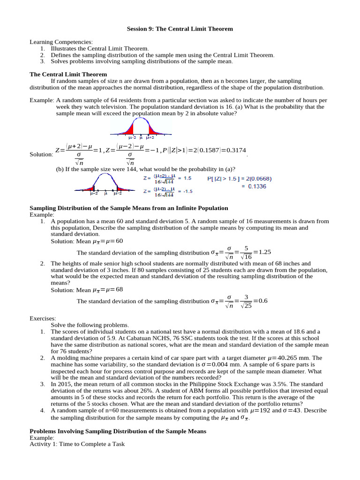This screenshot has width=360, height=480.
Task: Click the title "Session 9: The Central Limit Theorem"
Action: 180,29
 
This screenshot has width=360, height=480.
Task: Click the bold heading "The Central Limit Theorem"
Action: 68,74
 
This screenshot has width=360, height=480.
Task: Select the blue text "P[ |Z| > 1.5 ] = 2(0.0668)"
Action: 239,178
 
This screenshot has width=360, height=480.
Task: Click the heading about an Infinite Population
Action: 129,208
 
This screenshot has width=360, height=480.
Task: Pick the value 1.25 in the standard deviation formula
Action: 265,252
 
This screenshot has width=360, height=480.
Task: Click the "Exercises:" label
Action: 43,318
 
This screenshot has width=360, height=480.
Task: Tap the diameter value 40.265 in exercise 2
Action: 291,358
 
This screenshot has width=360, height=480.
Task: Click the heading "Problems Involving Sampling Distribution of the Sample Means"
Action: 118,431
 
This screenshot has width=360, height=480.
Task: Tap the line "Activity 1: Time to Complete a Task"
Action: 77,444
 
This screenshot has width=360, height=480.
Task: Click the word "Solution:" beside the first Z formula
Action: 41,154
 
